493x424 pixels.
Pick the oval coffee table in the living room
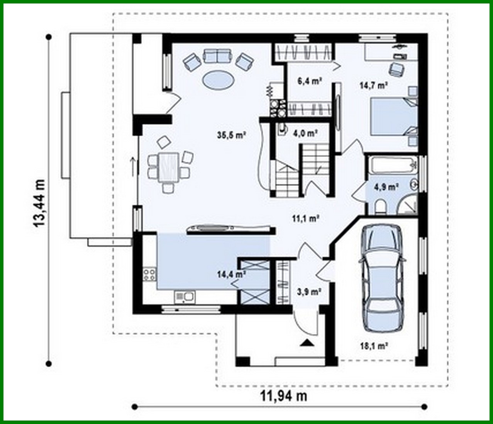(x=218, y=80)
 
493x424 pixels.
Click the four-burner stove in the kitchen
(x=149, y=275)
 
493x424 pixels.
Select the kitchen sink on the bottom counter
(x=185, y=297)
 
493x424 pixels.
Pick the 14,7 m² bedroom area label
(x=373, y=85)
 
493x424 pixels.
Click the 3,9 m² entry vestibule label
(x=308, y=292)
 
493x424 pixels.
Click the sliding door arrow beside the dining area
(x=134, y=165)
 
